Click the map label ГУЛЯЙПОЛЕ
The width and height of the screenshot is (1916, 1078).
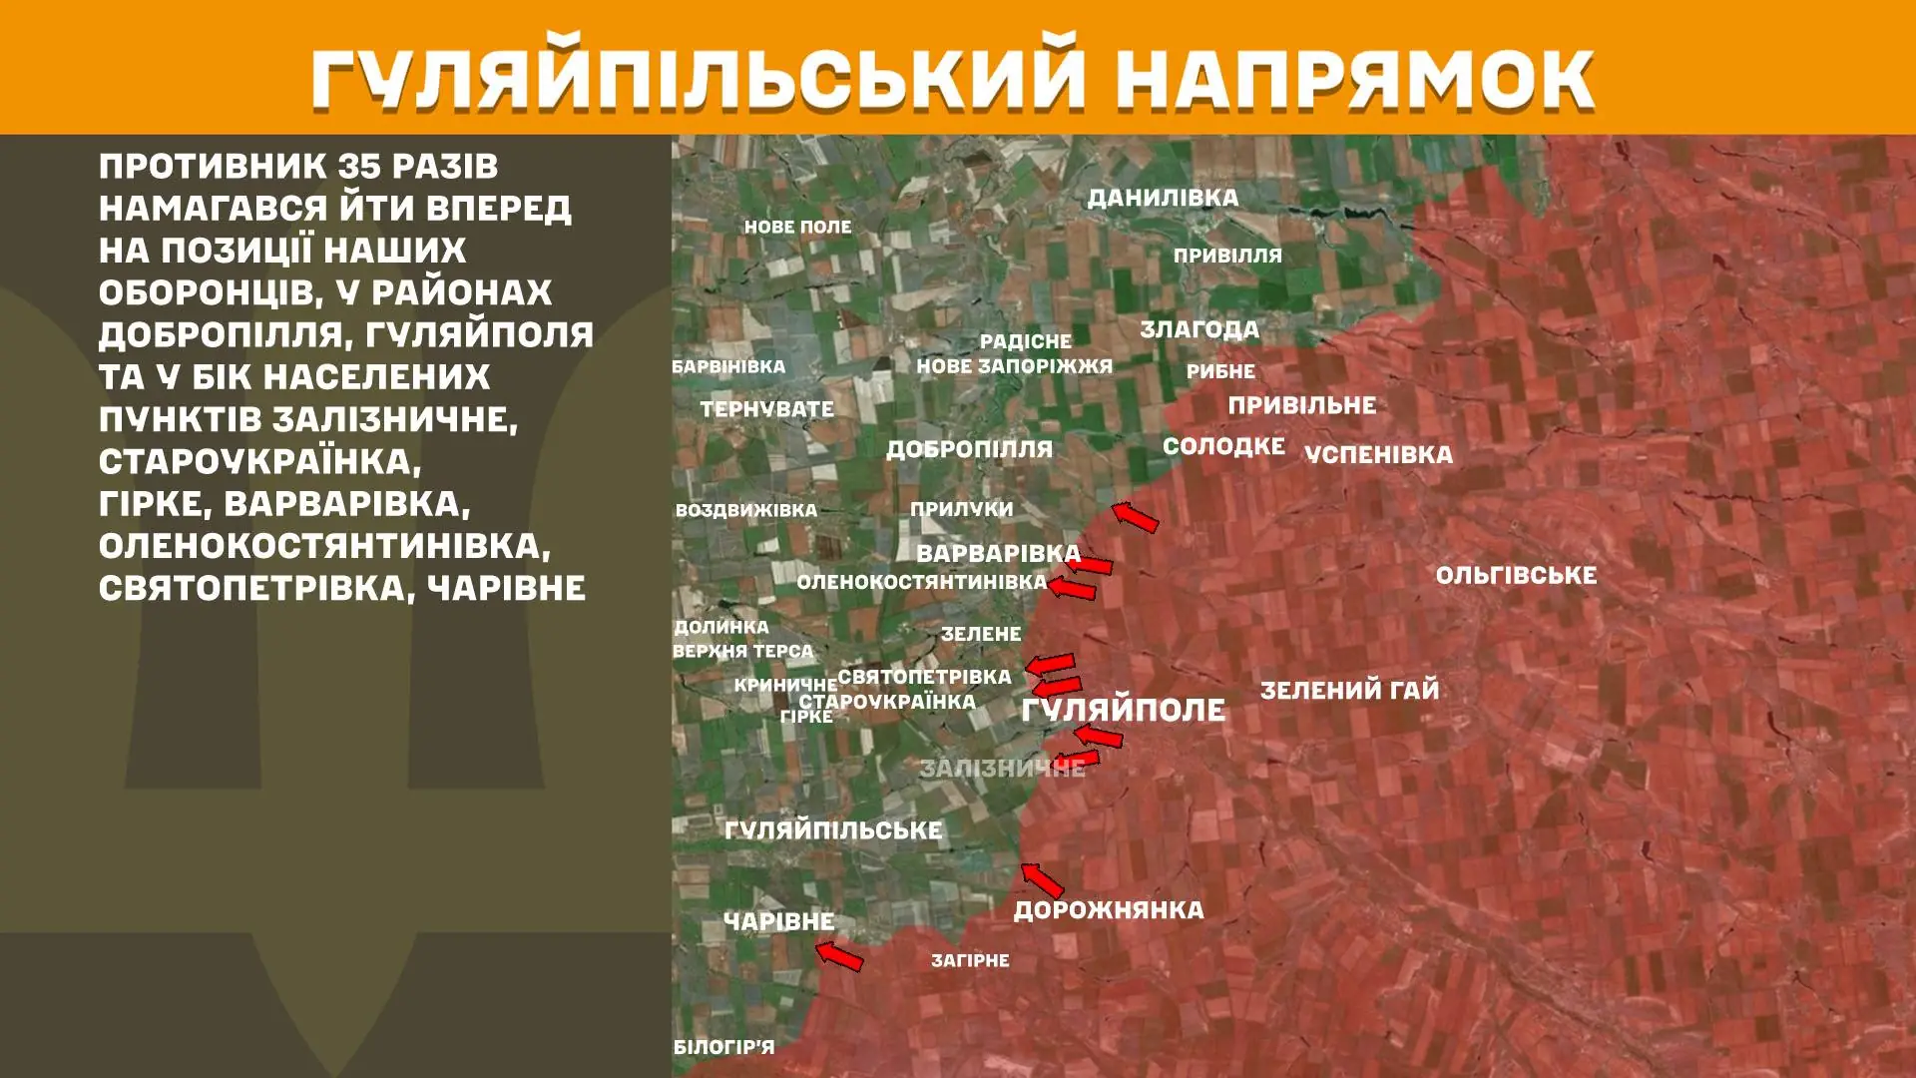pos(1123,710)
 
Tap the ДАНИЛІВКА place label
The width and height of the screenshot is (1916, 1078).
pos(1163,198)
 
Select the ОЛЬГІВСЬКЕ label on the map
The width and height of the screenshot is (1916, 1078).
pos(1516,575)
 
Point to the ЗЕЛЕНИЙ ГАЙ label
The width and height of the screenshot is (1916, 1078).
pos(1349,690)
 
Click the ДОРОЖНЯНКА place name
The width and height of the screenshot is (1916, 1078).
pos(1109,910)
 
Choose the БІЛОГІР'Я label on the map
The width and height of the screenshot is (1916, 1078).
pos(723,1047)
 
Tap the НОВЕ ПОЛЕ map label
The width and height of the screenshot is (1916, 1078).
pos(797,227)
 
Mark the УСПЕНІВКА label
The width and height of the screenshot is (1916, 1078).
pos(1378,454)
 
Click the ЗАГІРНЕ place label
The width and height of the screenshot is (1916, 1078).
pos(970,960)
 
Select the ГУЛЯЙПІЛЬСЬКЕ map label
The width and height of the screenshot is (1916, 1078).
pos(833,829)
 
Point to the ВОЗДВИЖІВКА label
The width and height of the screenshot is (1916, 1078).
pos(745,510)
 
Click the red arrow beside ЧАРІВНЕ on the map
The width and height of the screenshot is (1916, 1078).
pos(839,956)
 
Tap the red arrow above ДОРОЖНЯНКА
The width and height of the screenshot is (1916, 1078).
pos(1042,880)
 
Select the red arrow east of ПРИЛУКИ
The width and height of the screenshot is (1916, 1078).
pos(1136,517)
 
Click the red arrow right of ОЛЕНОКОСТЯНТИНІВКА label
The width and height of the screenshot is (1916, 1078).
pos(1072,589)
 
